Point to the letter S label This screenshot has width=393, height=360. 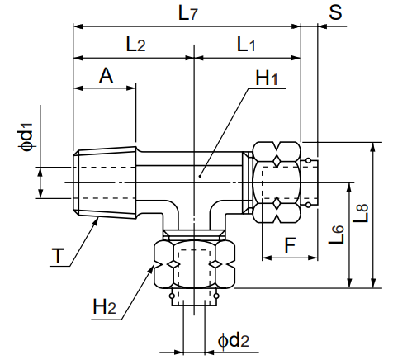tap(334, 12)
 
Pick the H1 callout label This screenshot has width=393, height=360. tap(267, 78)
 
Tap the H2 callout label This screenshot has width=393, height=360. tap(104, 307)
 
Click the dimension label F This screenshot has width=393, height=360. tap(289, 244)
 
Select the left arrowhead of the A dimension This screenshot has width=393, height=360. tap(77, 87)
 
